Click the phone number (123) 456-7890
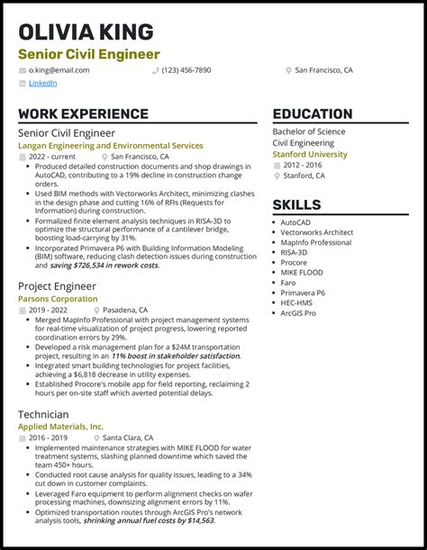[186, 69]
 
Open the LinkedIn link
[42, 83]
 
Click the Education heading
[312, 114]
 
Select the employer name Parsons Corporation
[58, 299]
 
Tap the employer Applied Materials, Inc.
[61, 426]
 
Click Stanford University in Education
[309, 154]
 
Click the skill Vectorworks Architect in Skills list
[316, 232]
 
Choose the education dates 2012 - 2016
[303, 165]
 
